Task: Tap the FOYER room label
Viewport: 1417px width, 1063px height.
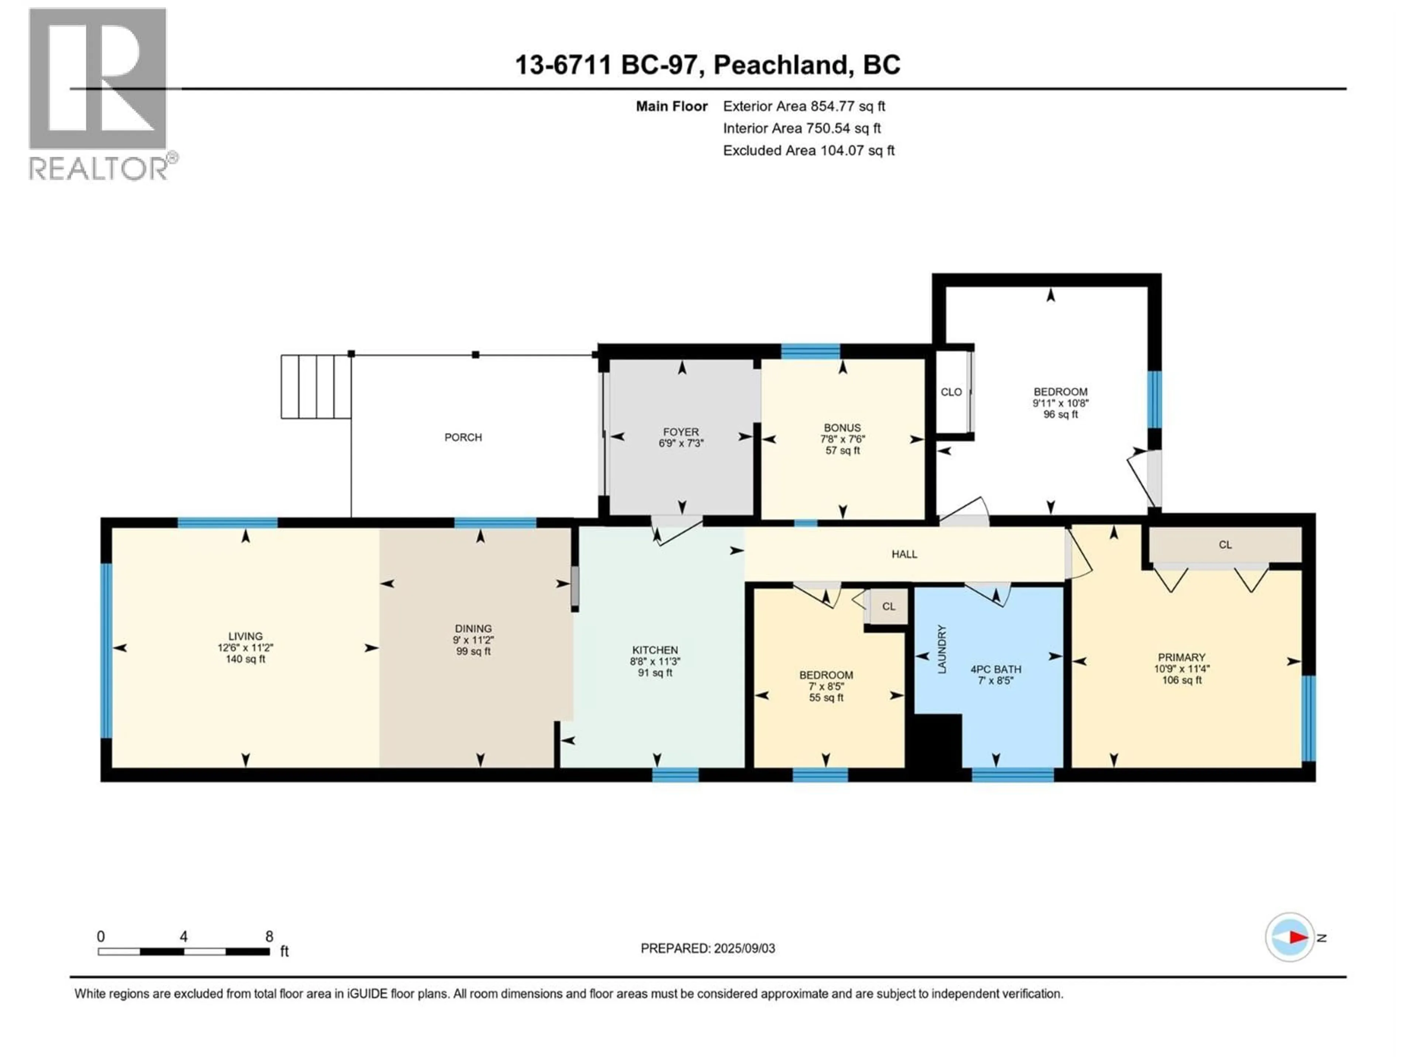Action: click(x=681, y=432)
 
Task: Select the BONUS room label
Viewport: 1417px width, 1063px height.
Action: click(x=842, y=427)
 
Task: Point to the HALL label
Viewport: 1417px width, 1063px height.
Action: click(x=904, y=554)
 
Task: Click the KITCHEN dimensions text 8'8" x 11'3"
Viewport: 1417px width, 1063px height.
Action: click(x=655, y=661)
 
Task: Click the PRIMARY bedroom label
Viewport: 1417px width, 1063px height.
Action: click(x=1181, y=657)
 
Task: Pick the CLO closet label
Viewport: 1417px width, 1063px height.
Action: click(x=951, y=392)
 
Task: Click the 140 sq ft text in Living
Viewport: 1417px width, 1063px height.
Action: click(x=245, y=659)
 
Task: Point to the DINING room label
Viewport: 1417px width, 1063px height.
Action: click(x=473, y=629)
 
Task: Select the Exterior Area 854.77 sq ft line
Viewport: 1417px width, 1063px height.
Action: click(x=804, y=106)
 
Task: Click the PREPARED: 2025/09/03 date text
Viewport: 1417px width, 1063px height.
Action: click(x=708, y=948)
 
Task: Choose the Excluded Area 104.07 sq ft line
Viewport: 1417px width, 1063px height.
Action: click(x=809, y=151)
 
